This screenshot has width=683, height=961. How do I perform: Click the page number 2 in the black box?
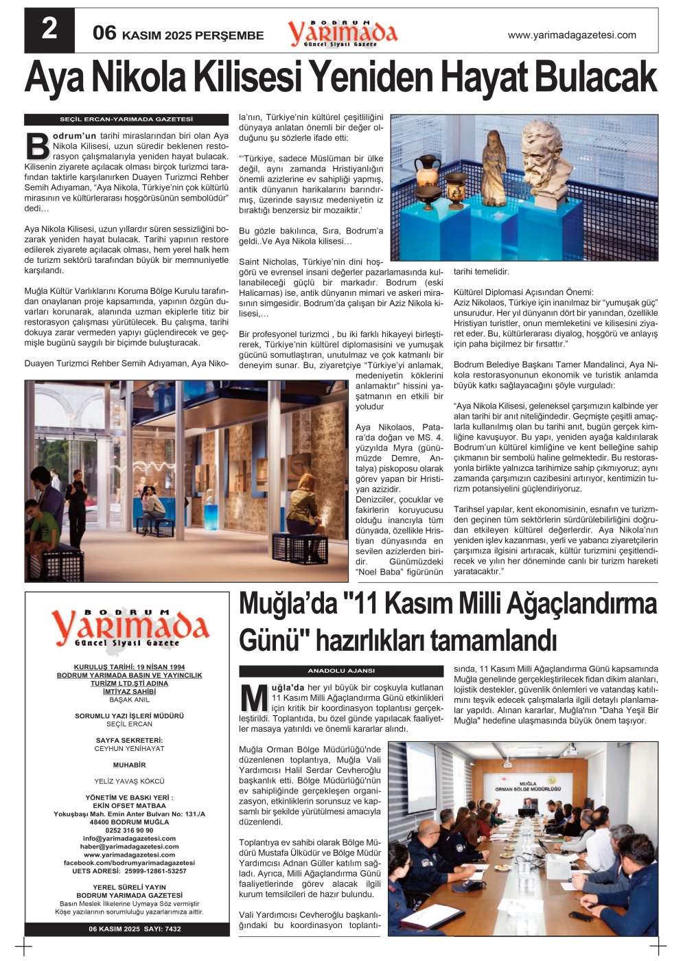49,30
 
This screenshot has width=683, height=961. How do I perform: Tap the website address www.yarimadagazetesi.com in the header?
571,35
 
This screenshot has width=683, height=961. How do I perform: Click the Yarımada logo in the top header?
342,32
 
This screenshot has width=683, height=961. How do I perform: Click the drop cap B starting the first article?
37,146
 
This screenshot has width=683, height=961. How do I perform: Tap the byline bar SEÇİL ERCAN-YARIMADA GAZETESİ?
126,119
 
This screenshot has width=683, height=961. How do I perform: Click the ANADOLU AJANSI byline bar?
341,671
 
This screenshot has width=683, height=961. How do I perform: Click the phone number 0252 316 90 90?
129,830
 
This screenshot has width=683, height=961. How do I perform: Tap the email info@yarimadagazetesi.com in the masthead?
129,838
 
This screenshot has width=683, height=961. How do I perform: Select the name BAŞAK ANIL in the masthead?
129,700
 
